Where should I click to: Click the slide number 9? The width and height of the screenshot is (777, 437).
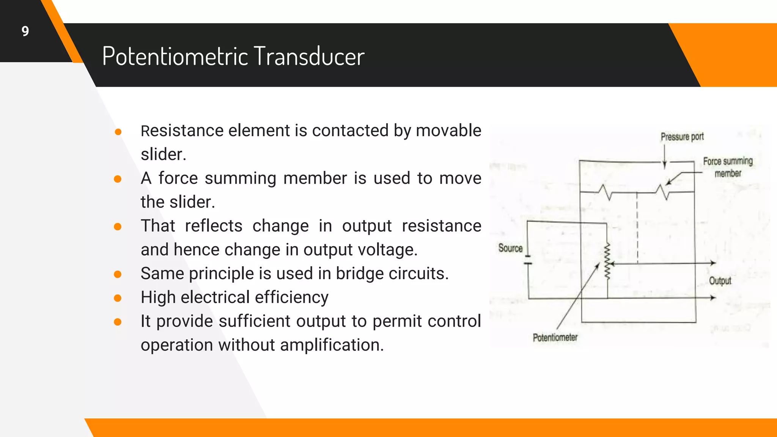point(25,31)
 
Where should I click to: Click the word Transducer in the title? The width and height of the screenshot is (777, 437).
point(309,56)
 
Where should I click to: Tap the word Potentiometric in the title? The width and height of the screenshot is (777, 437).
point(175,56)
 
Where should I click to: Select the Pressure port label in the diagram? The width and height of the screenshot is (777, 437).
point(682,137)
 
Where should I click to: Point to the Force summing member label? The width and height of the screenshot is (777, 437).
point(727,167)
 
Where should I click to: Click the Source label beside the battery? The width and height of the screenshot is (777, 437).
point(510,248)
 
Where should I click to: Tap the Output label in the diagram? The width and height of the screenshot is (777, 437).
point(720,281)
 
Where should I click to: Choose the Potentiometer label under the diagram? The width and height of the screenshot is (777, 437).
point(555,337)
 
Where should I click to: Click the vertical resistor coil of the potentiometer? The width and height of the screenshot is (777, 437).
point(607,262)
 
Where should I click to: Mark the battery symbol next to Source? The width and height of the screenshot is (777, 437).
point(528,260)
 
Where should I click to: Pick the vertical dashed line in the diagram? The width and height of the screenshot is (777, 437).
point(637,228)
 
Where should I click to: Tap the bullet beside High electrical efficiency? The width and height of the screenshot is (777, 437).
point(118,298)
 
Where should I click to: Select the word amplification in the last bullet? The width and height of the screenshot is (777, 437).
point(332,345)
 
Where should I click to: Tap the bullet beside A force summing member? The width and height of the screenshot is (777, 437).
point(118,179)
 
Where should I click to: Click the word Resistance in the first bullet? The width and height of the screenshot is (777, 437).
point(182,131)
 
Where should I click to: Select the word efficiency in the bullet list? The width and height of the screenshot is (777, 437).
point(291,297)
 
